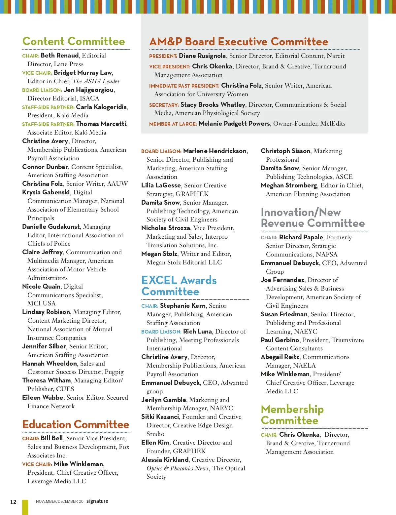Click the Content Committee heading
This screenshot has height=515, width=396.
pyautogui.click(x=74, y=41)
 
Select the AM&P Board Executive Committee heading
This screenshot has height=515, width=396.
pyautogui.click(x=239, y=42)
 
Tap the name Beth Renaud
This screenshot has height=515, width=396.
pyautogui.click(x=60, y=56)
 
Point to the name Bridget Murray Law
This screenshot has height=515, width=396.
pyautogui.click(x=83, y=73)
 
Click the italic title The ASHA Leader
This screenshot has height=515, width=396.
pyautogui.click(x=96, y=81)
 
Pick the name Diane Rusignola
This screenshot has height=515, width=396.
pyautogui.click(x=202, y=56)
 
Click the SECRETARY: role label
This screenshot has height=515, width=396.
pyautogui.click(x=164, y=105)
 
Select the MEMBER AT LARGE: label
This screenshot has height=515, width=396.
pyautogui.click(x=173, y=124)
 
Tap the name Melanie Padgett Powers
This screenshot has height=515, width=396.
pyautogui.click(x=234, y=124)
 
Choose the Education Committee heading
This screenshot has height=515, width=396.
pyautogui.click(x=76, y=424)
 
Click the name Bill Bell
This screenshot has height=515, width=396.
pyautogui.click(x=52, y=438)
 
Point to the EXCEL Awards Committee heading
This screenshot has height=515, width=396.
pyautogui.click(x=179, y=286)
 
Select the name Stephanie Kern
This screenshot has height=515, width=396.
pyautogui.click(x=183, y=306)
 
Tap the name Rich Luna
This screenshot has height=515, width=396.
pyautogui.click(x=197, y=332)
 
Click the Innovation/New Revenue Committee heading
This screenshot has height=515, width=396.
pyautogui.click(x=313, y=218)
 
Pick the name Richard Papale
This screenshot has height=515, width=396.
pyautogui.click(x=301, y=237)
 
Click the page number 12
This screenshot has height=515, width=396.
pyautogui.click(x=13, y=502)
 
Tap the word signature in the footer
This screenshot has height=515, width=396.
pyautogui.click(x=97, y=501)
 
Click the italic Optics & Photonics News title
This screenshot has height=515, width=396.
pyautogui.click(x=178, y=468)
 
